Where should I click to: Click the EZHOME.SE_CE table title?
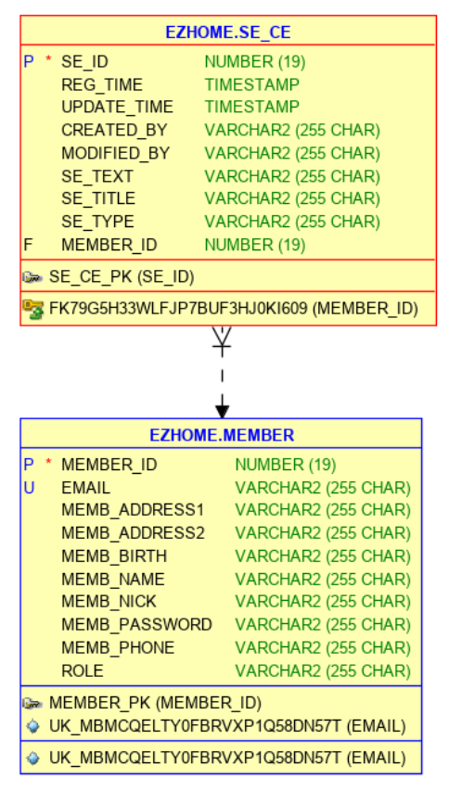pyautogui.click(x=227, y=32)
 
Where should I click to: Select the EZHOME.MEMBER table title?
pyautogui.click(x=222, y=435)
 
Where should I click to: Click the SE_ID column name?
pyautogui.click(x=85, y=62)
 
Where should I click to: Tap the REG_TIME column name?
pyautogui.click(x=102, y=85)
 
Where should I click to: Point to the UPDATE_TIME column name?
pyautogui.click(x=117, y=108)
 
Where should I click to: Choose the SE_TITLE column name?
pyautogui.click(x=98, y=198)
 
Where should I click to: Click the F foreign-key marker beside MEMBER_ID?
pyautogui.click(x=29, y=245)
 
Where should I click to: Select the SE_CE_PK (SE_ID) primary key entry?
pyautogui.click(x=122, y=276)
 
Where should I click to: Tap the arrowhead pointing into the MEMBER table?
pyautogui.click(x=222, y=408)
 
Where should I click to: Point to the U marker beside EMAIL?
pyautogui.click(x=29, y=488)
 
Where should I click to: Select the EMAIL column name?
pyautogui.click(x=85, y=488)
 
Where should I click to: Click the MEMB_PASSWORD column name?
pyautogui.click(x=136, y=624)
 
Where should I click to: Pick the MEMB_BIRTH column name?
pyautogui.click(x=114, y=556)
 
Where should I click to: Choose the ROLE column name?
pyautogui.click(x=83, y=670)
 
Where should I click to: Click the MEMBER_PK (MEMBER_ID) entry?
pyautogui.click(x=155, y=703)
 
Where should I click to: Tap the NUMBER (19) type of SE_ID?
pyautogui.click(x=255, y=62)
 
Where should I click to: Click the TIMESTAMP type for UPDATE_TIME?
pyautogui.click(x=252, y=108)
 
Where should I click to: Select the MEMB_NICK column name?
pyautogui.click(x=110, y=602)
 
